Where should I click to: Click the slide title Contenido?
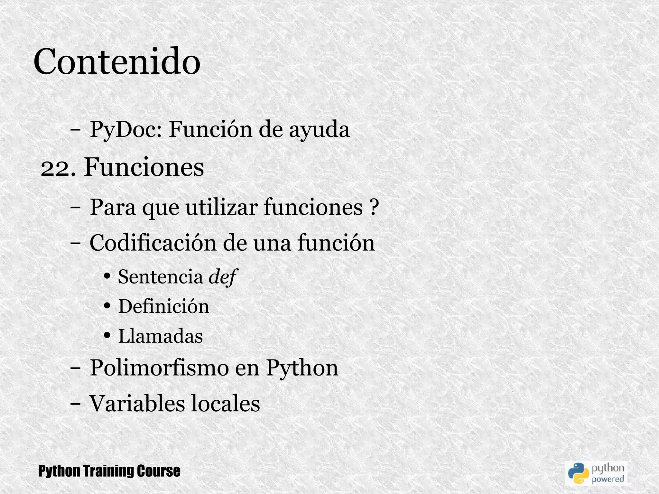point(117,61)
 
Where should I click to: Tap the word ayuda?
point(319,130)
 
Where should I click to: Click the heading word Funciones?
point(144,167)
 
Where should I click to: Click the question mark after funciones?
point(372,207)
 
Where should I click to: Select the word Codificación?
point(153,243)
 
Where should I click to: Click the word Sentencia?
point(160,276)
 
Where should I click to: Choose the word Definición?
point(163,306)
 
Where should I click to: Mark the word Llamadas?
point(160,336)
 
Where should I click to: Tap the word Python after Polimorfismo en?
point(302,368)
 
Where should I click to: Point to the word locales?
point(225,403)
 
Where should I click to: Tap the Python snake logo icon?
point(578,473)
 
